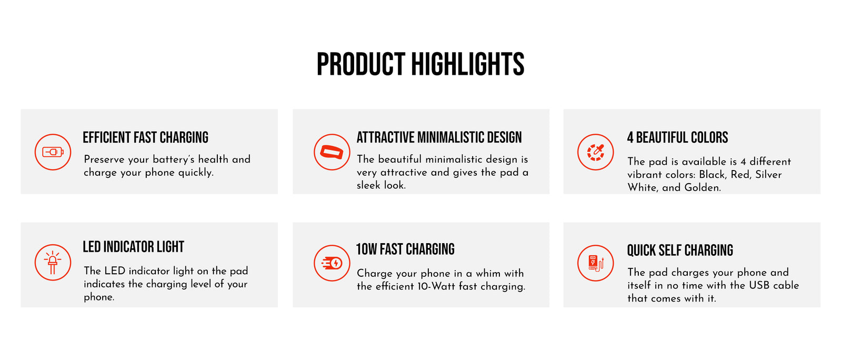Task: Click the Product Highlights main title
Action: (420, 64)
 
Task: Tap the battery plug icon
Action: (53, 152)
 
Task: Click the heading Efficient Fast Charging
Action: (145, 137)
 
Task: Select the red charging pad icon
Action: (332, 152)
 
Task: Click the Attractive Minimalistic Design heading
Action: (439, 137)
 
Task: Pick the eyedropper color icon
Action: (595, 152)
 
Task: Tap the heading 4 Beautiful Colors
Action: (677, 137)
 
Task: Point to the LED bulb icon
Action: (53, 262)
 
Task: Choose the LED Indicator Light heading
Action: (134, 247)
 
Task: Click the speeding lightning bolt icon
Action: (332, 263)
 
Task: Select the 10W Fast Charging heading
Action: (405, 249)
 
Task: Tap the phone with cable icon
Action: (595, 263)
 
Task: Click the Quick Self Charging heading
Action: (680, 251)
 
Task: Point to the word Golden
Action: (702, 187)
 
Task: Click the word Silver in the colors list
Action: (768, 174)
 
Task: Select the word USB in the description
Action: (760, 285)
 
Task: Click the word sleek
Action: (368, 185)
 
